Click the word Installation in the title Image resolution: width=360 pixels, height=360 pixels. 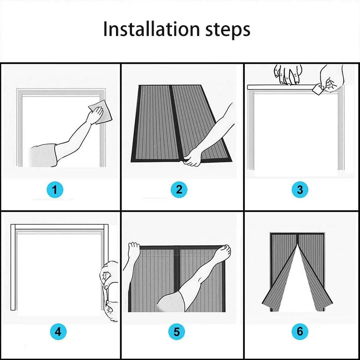pyautogui.click(x=152, y=29)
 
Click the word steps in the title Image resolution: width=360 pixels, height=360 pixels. pyautogui.click(x=228, y=30)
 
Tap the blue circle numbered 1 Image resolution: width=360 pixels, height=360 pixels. pyautogui.click(x=55, y=190)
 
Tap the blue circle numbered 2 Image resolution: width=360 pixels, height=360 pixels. pyautogui.click(x=179, y=190)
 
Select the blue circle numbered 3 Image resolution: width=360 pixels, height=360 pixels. pyautogui.click(x=300, y=190)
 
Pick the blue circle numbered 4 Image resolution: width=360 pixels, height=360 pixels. pyautogui.click(x=58, y=332)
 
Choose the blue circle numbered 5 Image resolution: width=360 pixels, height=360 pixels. pyautogui.click(x=176, y=332)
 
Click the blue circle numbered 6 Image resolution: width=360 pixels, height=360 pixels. pyautogui.click(x=300, y=331)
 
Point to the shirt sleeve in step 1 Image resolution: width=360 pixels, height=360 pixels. pyautogui.click(x=44, y=155)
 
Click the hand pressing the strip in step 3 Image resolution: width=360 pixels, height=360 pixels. pyautogui.click(x=287, y=74)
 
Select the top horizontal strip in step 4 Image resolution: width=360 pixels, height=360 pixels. pyautogui.click(x=59, y=227)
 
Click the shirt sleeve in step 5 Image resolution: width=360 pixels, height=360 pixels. pyautogui.click(x=171, y=302)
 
